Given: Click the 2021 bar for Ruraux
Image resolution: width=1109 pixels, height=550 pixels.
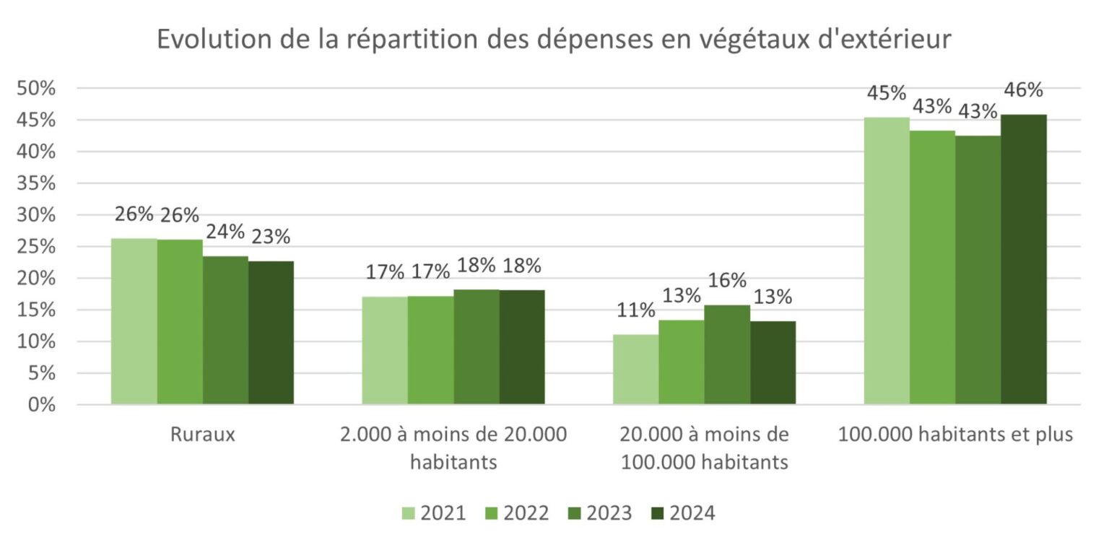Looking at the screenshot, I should pos(134,321).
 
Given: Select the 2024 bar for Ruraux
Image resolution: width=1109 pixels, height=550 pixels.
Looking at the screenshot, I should pos(271,333).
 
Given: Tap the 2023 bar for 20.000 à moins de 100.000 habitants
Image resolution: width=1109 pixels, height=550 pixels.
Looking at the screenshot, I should pos(727,354).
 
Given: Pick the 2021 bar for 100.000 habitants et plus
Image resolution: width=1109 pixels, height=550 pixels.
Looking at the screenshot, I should pos(887,261).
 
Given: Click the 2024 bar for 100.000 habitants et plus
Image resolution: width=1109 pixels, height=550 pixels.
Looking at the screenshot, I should pos(1024,259).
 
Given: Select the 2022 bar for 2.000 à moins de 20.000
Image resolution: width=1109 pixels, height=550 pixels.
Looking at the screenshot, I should pos(430,350).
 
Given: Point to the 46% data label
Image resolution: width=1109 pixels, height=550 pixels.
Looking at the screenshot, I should pos(1023,91).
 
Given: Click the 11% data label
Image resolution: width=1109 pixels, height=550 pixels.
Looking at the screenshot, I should pos(636,311).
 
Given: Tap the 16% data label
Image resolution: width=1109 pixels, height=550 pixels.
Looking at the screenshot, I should pos(727,281).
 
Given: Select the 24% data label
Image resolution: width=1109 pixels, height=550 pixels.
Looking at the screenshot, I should pos(225,232).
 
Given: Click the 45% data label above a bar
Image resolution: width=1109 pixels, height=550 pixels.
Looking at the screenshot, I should pos(887,94).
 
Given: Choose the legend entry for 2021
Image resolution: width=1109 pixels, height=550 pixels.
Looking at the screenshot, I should pos(434,513).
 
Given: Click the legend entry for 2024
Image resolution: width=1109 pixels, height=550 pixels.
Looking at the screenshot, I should pos(682,513).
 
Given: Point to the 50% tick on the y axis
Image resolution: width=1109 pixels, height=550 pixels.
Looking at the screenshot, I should pos(36,89).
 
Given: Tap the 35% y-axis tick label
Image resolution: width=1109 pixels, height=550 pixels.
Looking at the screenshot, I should pos(36,183).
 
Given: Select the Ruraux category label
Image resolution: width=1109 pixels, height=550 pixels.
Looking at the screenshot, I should pos(202,435).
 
